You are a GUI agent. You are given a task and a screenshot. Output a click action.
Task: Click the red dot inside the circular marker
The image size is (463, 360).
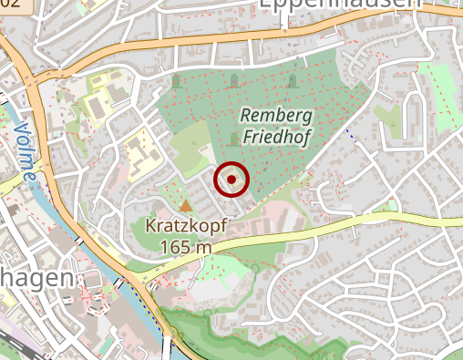point(231,180)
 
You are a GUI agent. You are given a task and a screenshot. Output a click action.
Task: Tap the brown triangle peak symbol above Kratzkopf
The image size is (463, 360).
point(186,205)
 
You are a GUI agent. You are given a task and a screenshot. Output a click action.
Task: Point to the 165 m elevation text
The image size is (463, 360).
point(186,246)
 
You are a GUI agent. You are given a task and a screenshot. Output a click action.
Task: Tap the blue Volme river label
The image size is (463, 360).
point(25,149)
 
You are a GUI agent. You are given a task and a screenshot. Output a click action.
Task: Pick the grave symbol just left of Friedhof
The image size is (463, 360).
point(234,139)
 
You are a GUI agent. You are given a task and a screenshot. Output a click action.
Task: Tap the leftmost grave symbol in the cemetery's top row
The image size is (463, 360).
point(177,84)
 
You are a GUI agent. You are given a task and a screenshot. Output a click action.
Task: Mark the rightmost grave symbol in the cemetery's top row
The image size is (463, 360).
point(292,83)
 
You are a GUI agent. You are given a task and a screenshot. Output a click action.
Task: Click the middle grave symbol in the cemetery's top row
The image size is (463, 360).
point(233,83)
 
